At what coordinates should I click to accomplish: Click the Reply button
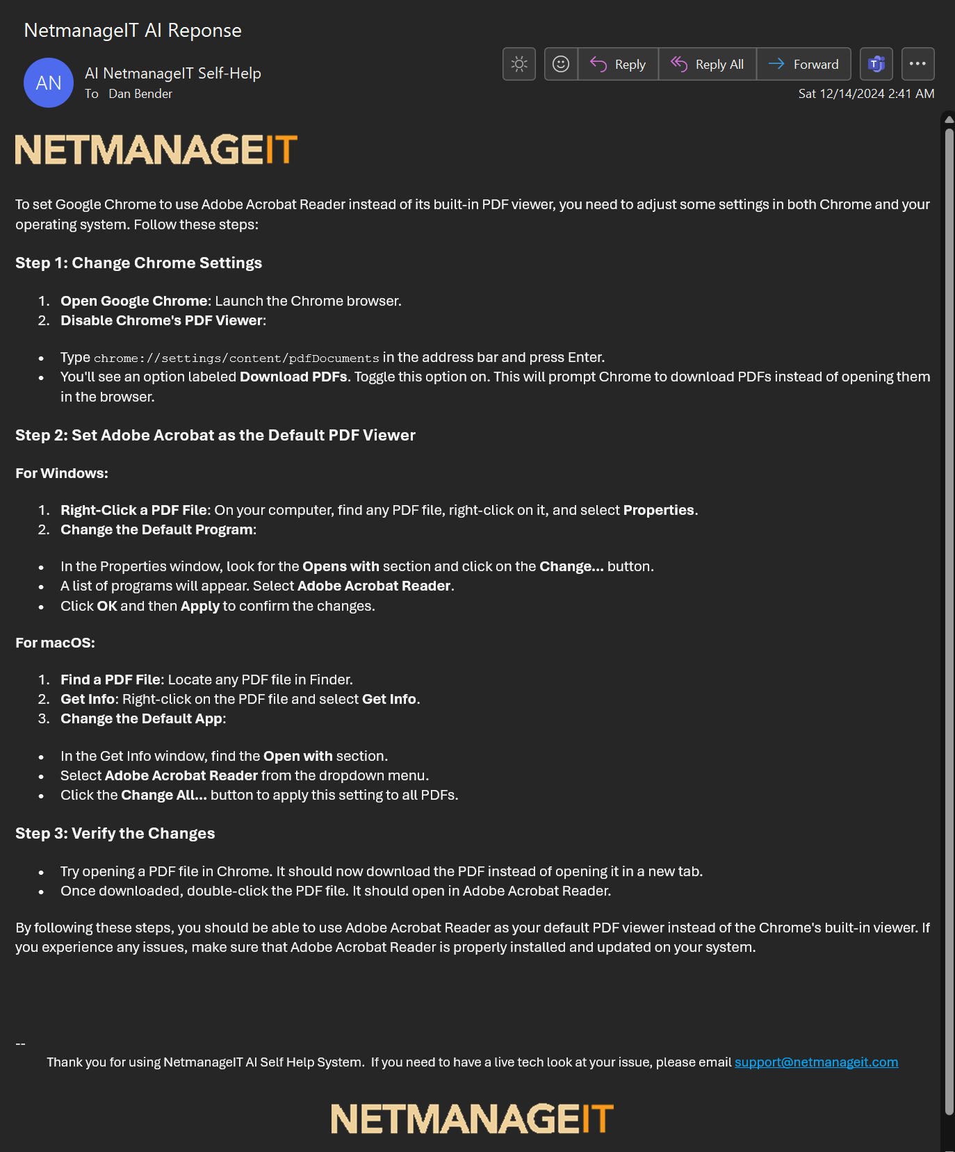click(x=618, y=65)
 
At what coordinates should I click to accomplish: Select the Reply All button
click(x=707, y=65)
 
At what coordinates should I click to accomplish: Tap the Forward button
click(x=803, y=65)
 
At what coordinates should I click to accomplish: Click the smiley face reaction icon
click(x=561, y=65)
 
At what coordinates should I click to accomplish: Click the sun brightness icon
click(x=519, y=65)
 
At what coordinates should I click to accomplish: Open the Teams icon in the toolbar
click(x=876, y=65)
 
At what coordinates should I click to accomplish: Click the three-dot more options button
click(x=917, y=64)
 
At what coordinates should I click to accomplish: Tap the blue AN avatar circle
click(x=49, y=83)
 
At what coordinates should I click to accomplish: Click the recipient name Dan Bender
click(x=140, y=94)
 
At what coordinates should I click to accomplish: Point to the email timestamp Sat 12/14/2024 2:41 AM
click(x=866, y=94)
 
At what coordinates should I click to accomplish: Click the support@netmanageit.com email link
click(x=816, y=1062)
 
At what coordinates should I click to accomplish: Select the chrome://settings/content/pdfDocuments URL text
click(x=236, y=359)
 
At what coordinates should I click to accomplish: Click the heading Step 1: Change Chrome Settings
click(x=138, y=263)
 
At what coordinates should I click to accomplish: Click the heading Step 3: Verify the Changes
click(x=115, y=834)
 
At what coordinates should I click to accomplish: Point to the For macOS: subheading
click(x=56, y=643)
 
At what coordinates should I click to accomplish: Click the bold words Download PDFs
click(x=293, y=377)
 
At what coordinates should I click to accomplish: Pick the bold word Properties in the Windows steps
click(x=658, y=511)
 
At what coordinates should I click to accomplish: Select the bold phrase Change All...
click(x=163, y=796)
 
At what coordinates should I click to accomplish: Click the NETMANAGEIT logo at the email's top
click(x=156, y=150)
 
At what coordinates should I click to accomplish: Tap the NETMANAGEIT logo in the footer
click(x=472, y=1119)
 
